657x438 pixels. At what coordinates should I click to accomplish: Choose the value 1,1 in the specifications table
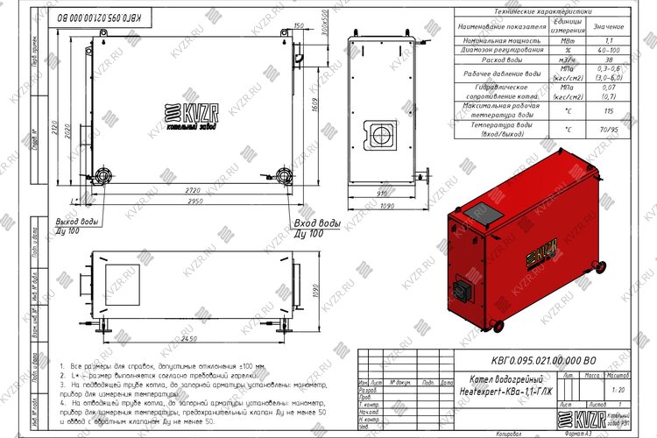tap(610, 40)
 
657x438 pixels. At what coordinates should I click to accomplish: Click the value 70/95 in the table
tap(610, 130)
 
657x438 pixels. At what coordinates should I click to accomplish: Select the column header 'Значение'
tap(610, 26)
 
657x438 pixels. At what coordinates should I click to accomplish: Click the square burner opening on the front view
tap(382, 134)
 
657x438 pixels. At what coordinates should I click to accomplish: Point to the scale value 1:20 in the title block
tap(620, 388)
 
